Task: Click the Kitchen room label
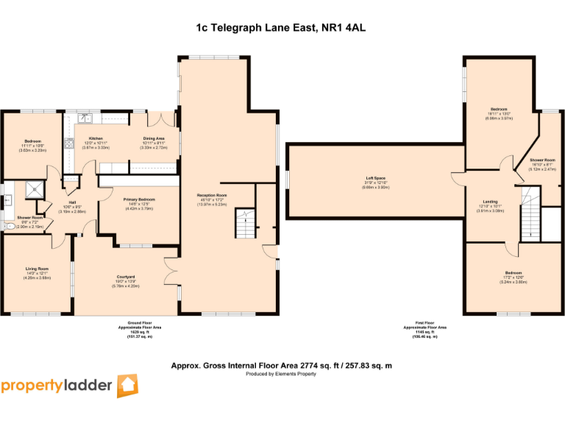click(x=96, y=138)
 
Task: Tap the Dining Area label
click(x=153, y=138)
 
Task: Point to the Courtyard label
click(x=124, y=277)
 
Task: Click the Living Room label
click(x=36, y=273)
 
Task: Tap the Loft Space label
click(x=375, y=178)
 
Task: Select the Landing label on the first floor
click(x=490, y=202)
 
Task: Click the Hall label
click(x=73, y=202)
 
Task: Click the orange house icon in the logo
click(x=127, y=386)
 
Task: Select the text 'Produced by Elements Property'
click(x=281, y=374)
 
